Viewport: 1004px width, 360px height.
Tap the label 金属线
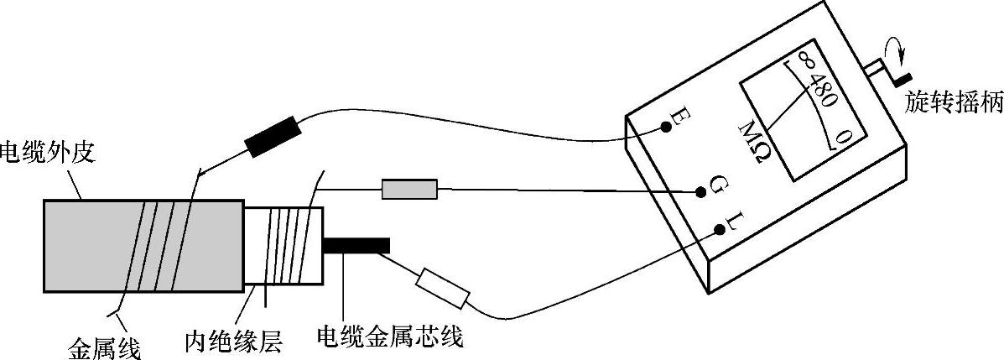click(103, 345)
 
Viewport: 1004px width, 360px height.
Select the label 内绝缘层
click(235, 342)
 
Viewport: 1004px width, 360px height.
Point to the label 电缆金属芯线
click(390, 338)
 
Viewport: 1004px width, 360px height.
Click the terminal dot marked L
click(720, 230)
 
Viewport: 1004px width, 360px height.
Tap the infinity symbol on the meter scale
click(804, 62)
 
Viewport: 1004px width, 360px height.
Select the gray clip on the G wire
click(409, 189)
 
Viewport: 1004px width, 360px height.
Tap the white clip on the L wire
click(442, 287)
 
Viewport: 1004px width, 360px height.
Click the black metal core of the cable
click(356, 245)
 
